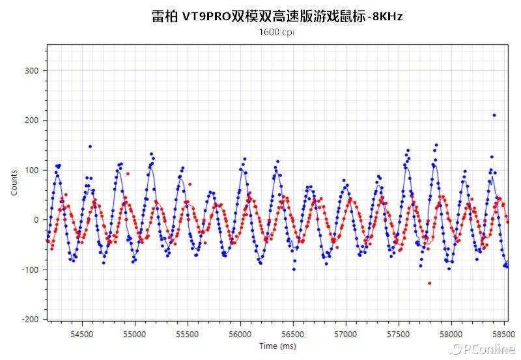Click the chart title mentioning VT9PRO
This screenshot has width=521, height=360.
click(277, 16)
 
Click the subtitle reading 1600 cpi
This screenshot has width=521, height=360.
click(277, 32)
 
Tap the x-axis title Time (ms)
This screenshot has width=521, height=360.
click(277, 346)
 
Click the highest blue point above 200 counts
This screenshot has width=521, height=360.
click(494, 115)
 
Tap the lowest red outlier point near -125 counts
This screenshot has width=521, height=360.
click(429, 283)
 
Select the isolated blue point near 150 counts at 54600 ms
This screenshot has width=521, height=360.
click(90, 146)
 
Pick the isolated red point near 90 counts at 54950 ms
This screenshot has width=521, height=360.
click(128, 174)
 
